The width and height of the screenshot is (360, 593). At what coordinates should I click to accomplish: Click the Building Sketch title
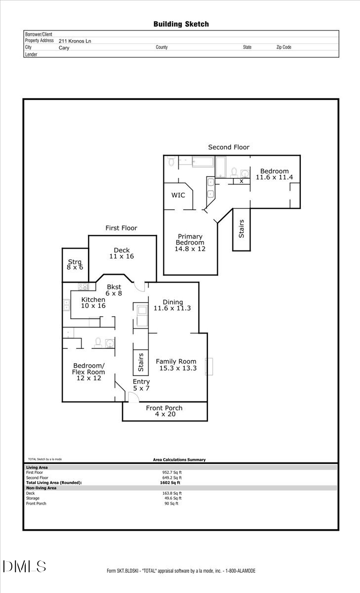click(x=181, y=24)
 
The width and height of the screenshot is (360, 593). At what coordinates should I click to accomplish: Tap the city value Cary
click(x=57, y=48)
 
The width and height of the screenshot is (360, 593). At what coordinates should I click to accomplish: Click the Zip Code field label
click(x=283, y=47)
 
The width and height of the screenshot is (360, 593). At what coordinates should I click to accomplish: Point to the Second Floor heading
click(x=229, y=147)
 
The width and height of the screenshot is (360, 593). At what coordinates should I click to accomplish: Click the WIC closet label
click(x=178, y=195)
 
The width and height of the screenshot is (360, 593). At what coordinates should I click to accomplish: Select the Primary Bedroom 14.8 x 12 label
click(x=190, y=243)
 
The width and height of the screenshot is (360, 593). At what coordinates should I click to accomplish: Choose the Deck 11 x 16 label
click(x=121, y=253)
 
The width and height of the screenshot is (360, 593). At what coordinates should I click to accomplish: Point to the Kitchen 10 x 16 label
click(x=93, y=303)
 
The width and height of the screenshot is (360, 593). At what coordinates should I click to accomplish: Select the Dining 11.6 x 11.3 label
click(x=172, y=305)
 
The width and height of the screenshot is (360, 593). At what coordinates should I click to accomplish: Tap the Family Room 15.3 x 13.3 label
click(x=176, y=365)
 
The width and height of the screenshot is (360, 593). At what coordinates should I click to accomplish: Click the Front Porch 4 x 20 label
click(x=164, y=411)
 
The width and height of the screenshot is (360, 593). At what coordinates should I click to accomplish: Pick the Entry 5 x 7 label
click(x=141, y=385)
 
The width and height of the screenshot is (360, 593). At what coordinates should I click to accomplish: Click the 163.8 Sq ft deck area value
click(x=173, y=493)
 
